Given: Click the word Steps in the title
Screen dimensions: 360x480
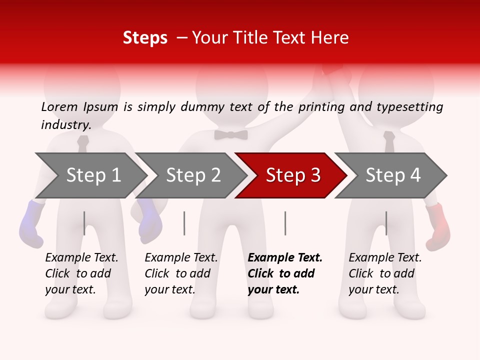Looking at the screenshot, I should (x=145, y=38).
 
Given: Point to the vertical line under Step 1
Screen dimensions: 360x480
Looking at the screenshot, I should (x=84, y=223).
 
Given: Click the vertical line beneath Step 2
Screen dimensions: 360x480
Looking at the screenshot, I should (x=184, y=223).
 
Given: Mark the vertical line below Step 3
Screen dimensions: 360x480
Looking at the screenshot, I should (x=285, y=223).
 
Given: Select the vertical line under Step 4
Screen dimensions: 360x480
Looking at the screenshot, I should (x=386, y=223).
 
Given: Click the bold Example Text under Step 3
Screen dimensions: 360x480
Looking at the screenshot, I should (x=285, y=273).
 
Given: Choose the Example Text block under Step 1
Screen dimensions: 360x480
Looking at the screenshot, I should (x=81, y=273).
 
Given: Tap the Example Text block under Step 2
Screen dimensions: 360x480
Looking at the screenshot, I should (x=181, y=273).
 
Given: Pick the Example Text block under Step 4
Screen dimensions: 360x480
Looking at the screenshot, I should (x=385, y=273).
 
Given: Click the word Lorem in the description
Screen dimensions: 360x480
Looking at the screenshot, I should (x=59, y=107).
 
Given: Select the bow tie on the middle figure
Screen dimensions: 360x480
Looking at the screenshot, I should (x=231, y=134).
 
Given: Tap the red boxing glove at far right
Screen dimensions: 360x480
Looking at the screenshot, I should (x=438, y=226).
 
